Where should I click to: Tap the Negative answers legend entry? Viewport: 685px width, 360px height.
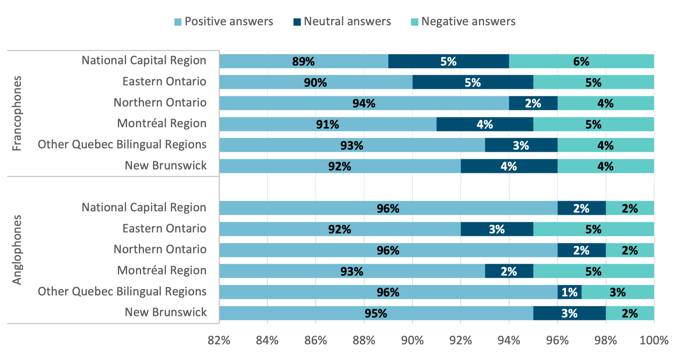click(463, 21)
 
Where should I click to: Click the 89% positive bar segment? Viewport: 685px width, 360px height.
click(304, 61)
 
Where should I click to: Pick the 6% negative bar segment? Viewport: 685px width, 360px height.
click(581, 61)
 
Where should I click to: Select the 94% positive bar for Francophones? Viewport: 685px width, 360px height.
click(364, 103)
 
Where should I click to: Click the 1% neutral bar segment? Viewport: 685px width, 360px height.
click(569, 292)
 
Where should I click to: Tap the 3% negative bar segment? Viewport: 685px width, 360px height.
click(618, 292)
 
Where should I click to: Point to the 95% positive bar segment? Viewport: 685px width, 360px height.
click(376, 313)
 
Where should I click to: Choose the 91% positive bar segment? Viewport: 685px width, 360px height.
click(328, 124)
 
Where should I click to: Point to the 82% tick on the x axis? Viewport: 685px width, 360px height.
click(219, 340)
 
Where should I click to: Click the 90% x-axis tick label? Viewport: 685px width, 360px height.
click(412, 340)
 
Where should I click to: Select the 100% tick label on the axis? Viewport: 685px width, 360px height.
click(654, 340)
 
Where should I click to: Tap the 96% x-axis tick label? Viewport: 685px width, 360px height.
click(557, 340)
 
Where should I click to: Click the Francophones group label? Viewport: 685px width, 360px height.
click(17, 113)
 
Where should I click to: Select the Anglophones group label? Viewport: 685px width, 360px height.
click(17, 250)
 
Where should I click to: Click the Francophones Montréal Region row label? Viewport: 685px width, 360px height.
click(162, 123)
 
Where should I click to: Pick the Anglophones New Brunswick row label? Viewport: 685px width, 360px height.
click(165, 312)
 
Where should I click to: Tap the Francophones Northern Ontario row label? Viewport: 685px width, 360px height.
click(160, 103)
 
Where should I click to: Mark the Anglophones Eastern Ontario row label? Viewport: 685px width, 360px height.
click(164, 228)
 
